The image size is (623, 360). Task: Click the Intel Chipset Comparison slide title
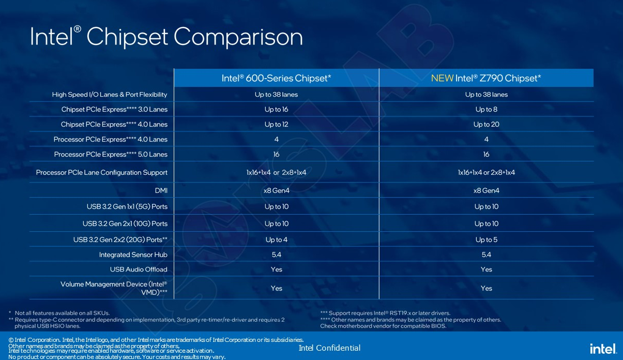pyautogui.click(x=166, y=37)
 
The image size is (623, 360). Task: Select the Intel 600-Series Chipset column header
pyautogui.click(x=276, y=78)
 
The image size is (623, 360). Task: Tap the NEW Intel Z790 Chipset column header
pyautogui.click(x=486, y=78)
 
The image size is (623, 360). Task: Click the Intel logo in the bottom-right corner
pyautogui.click(x=603, y=348)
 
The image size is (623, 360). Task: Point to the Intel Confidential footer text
pyautogui.click(x=329, y=348)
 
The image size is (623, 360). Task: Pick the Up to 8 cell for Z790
pyautogui.click(x=486, y=109)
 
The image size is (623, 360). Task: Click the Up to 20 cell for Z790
pyautogui.click(x=486, y=124)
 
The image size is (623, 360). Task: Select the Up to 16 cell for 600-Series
pyautogui.click(x=276, y=109)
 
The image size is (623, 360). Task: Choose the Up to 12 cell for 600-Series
pyautogui.click(x=276, y=124)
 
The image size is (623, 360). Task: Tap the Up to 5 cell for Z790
pyautogui.click(x=486, y=239)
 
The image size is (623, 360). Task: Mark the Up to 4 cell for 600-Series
pyautogui.click(x=276, y=239)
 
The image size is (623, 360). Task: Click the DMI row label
pyautogui.click(x=161, y=190)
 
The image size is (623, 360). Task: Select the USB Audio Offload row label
pyautogui.click(x=139, y=269)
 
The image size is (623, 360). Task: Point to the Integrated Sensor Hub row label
pyautogui.click(x=133, y=254)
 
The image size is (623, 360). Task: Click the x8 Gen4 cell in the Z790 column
pyautogui.click(x=486, y=190)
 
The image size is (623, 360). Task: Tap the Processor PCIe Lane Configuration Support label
pyautogui.click(x=102, y=172)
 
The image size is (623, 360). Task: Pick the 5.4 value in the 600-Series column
pyautogui.click(x=276, y=254)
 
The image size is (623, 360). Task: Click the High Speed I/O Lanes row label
pyautogui.click(x=110, y=94)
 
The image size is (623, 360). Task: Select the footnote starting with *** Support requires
pyautogui.click(x=385, y=313)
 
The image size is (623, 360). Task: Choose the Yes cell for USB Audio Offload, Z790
pyautogui.click(x=486, y=269)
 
